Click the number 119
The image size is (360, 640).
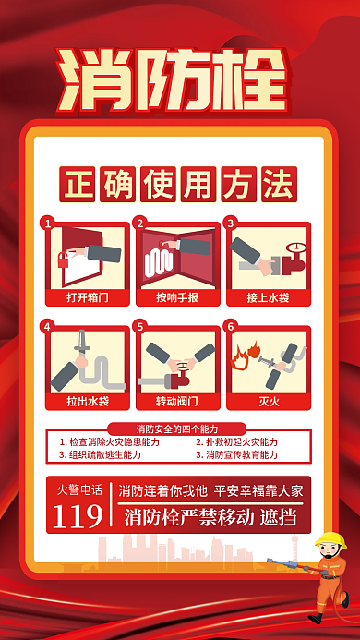pyautogui.click(x=78, y=516)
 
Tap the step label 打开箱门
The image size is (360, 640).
pyautogui.click(x=88, y=297)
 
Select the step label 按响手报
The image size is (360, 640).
pyautogui.click(x=177, y=297)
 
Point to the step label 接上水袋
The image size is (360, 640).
pyautogui.click(x=269, y=297)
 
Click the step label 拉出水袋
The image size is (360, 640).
pyautogui.click(x=88, y=402)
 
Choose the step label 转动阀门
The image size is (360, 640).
pyautogui.click(x=177, y=402)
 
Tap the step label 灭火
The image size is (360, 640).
pyautogui.click(x=269, y=402)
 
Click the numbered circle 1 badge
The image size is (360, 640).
pyautogui.click(x=48, y=223)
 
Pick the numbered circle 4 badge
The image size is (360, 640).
pyautogui.click(x=48, y=327)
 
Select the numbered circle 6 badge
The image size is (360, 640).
pyautogui.click(x=231, y=327)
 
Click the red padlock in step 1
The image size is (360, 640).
pyautogui.click(x=64, y=260)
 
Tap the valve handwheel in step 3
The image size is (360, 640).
pyautogui.click(x=296, y=249)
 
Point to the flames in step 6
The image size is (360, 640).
pyautogui.click(x=245, y=355)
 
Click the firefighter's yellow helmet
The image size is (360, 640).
pyautogui.click(x=331, y=540)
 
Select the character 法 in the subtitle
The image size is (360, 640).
pyautogui.click(x=279, y=184)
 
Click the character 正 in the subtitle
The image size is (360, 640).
pyautogui.click(x=77, y=184)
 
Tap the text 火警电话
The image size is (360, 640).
pyautogui.click(x=79, y=489)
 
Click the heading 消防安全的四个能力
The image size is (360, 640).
pyautogui.click(x=177, y=429)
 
